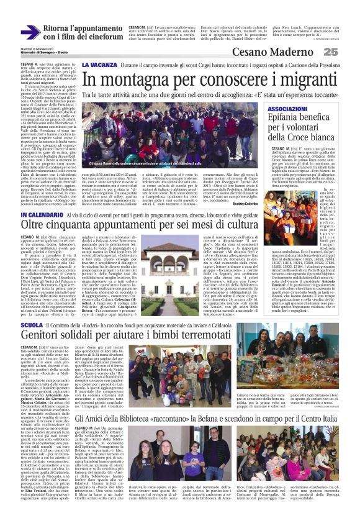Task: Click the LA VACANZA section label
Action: pyautogui.click(x=100, y=65)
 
